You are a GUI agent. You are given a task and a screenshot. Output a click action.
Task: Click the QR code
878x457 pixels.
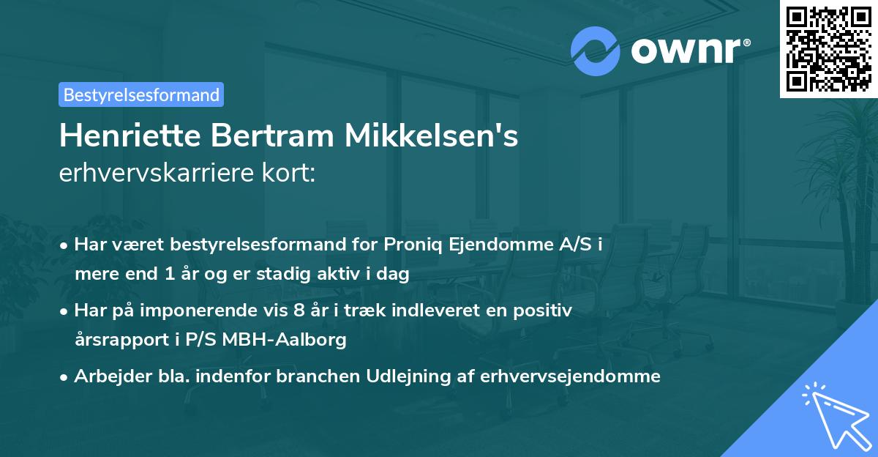[x=829, y=48]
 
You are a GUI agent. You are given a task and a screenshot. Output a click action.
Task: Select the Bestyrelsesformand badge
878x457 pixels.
[x=141, y=94]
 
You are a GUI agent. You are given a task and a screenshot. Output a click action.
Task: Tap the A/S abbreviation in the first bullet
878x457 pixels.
[x=573, y=245]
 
